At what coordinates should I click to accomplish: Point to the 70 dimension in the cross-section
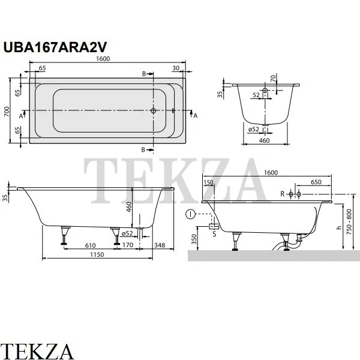pyautogui.click(x=272, y=78)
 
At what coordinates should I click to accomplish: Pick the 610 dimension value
pyautogui.click(x=89, y=245)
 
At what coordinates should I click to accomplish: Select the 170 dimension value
pyautogui.click(x=128, y=245)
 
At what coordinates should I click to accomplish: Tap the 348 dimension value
pyautogui.click(x=159, y=245)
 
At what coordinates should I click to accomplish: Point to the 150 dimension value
pyautogui.click(x=209, y=182)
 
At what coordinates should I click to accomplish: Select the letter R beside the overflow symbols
pyautogui.click(x=281, y=194)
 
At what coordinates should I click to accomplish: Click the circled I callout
pyautogui.click(x=190, y=213)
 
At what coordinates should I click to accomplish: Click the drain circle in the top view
pyautogui.click(x=154, y=111)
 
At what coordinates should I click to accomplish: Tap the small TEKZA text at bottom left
pyautogui.click(x=38, y=350)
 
